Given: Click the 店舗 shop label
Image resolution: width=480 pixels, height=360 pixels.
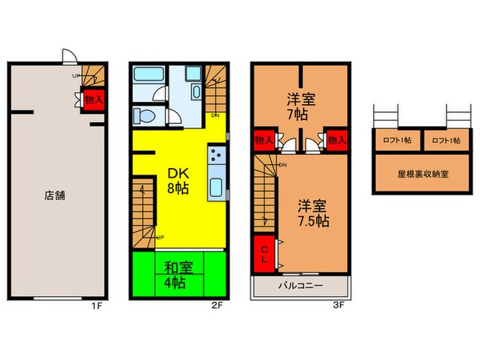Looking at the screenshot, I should (55, 195).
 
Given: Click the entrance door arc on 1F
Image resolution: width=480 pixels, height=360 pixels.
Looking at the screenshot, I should (67, 56).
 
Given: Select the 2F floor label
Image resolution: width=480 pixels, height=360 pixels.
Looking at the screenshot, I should (217, 306).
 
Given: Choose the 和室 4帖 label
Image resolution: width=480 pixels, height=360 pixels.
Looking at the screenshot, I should (178, 273).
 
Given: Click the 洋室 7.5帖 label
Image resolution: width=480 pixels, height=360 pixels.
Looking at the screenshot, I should (313, 213).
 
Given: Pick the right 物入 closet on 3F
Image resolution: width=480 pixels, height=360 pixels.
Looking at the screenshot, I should (335, 141).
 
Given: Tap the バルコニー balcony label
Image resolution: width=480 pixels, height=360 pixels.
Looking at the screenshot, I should (300, 285).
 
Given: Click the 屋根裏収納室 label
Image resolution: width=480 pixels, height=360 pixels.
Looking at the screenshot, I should (420, 173).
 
